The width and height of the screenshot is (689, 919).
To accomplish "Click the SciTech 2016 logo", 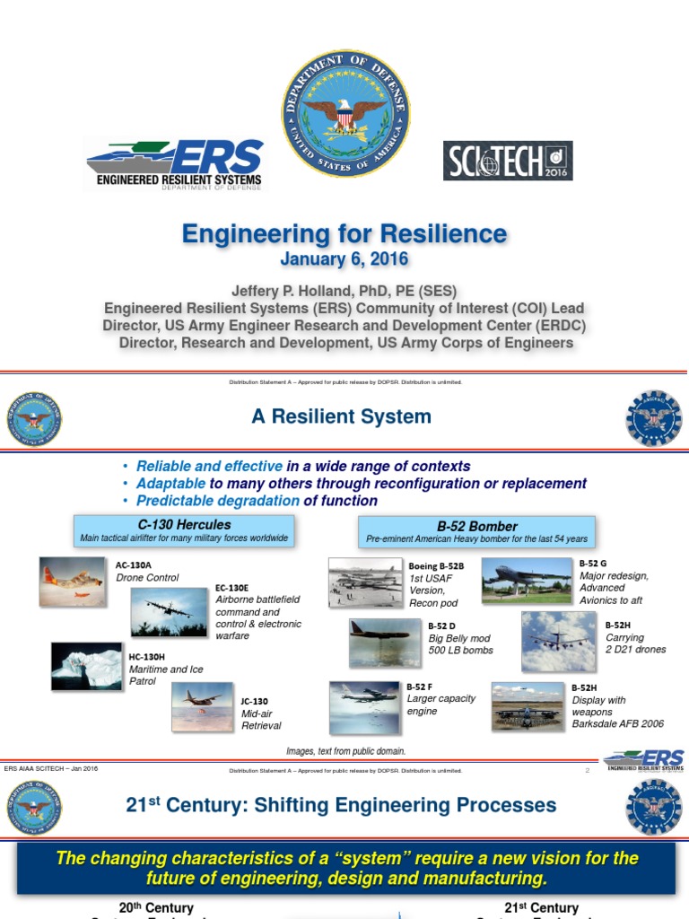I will coord(508,161).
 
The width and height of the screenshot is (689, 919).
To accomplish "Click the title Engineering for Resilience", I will coord(344,235).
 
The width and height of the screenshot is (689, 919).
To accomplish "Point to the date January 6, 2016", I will coord(344,259).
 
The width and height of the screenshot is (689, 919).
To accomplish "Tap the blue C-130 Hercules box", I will coord(184,530).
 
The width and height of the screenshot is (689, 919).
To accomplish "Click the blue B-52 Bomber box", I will coord(476,532).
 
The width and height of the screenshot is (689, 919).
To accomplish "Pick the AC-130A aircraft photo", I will coord(72,580).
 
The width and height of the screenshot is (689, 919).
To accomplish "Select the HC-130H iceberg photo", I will coord(87,666).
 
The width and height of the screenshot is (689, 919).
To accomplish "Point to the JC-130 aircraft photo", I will coord(203,706).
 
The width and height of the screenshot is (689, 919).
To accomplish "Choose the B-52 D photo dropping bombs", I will coord(385,643).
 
